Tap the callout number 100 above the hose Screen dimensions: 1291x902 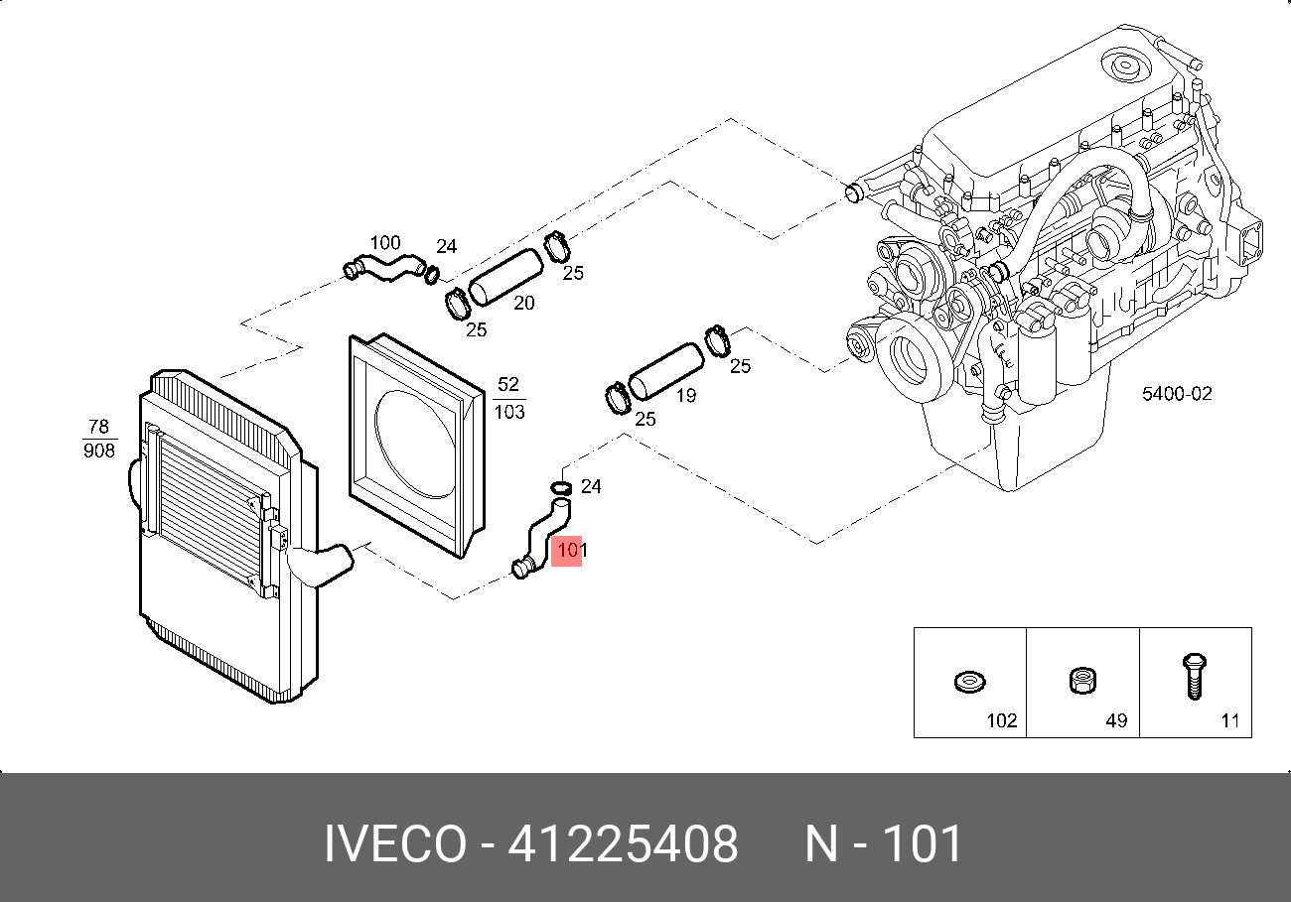pyautogui.click(x=385, y=242)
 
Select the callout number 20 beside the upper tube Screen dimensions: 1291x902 pyautogui.click(x=524, y=303)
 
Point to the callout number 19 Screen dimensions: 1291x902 pyautogui.click(x=686, y=395)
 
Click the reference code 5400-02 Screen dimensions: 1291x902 pyautogui.click(x=1177, y=393)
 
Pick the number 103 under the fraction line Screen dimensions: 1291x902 pyautogui.click(x=509, y=412)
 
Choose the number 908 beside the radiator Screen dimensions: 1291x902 pyautogui.click(x=99, y=450)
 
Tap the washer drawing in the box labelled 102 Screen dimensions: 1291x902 pyautogui.click(x=970, y=682)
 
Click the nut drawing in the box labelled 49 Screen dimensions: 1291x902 pyautogui.click(x=1082, y=681)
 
